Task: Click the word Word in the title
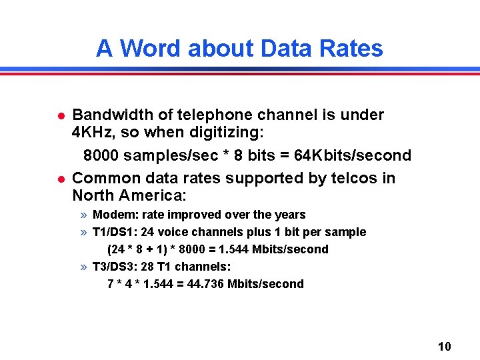[x=151, y=49]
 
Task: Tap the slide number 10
[x=445, y=346]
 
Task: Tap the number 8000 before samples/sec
[x=103, y=155]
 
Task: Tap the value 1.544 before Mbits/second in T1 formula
[x=236, y=249]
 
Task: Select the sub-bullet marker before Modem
[x=83, y=215]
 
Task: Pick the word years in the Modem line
[x=290, y=215]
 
